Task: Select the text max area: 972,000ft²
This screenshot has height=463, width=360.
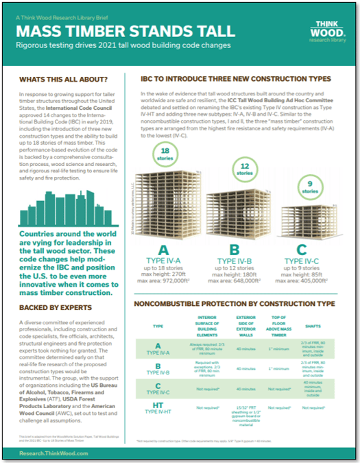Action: [164, 281]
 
